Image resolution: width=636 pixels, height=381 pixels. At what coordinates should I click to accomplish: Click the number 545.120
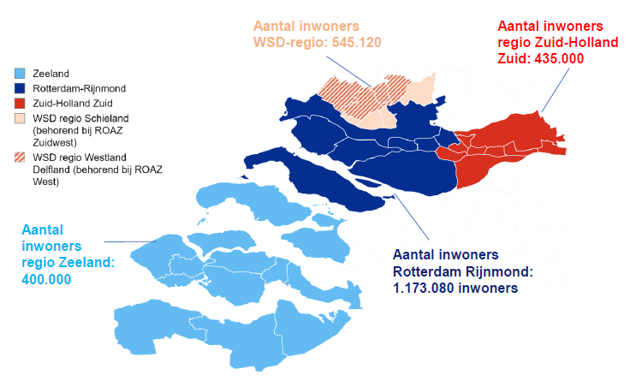click(x=352, y=42)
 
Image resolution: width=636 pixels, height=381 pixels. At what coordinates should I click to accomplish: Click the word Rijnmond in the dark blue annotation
click(x=501, y=271)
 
